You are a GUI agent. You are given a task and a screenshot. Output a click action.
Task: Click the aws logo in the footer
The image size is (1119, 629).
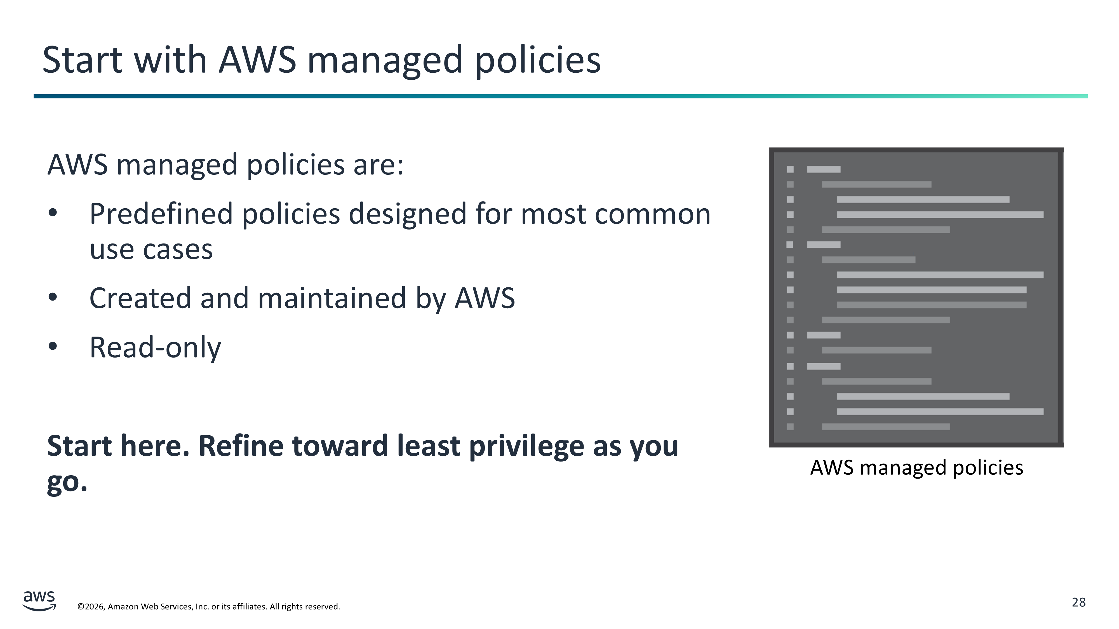(x=39, y=601)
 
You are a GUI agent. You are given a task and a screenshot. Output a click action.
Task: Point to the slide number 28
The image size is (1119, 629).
(x=1079, y=602)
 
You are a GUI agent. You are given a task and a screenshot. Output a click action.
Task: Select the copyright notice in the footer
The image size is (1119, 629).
(x=208, y=606)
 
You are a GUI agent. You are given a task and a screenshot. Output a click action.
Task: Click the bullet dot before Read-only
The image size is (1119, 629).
(x=53, y=346)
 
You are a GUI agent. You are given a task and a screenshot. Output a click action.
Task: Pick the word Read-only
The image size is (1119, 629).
(x=155, y=347)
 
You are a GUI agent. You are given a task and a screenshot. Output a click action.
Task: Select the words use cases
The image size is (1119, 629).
(x=151, y=250)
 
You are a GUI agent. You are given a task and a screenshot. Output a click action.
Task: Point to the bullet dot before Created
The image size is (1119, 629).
(x=53, y=297)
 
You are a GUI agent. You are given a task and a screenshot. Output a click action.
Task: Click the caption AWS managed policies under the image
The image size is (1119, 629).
(x=916, y=468)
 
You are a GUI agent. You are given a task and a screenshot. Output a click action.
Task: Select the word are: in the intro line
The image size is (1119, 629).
(x=378, y=166)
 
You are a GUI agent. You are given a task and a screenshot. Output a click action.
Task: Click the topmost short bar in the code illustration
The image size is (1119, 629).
(x=824, y=169)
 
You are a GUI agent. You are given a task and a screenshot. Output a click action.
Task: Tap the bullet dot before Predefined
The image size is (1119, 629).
(x=53, y=213)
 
